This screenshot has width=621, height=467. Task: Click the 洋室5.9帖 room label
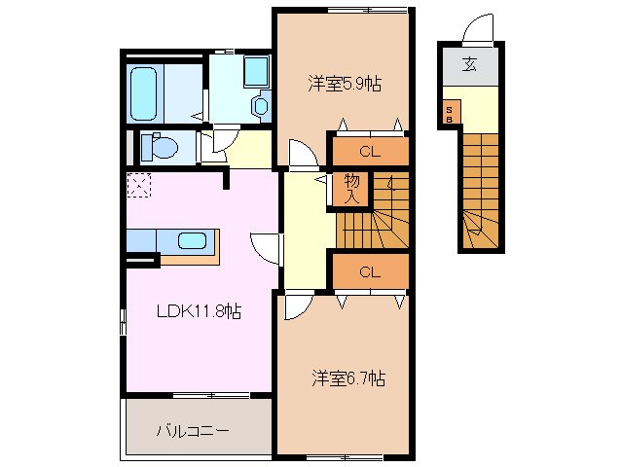pos(345,84)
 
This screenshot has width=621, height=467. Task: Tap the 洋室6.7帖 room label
pos(348,377)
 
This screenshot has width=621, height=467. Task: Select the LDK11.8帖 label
pos(201,312)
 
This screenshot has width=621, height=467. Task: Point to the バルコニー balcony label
pos(192,430)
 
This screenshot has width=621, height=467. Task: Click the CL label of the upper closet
pos(369,151)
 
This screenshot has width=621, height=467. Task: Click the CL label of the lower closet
pos(369,272)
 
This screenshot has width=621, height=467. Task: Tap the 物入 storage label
pos(352,189)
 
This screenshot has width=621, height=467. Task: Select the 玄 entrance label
pos(469,66)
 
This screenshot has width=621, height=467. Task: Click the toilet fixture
pos(159,147)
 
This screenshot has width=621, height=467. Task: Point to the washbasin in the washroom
pos(261,105)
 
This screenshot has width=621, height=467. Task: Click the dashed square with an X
pos(138,185)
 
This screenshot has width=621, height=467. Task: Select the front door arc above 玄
pos(480,31)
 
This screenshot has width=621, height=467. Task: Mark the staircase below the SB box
pos(479,190)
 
